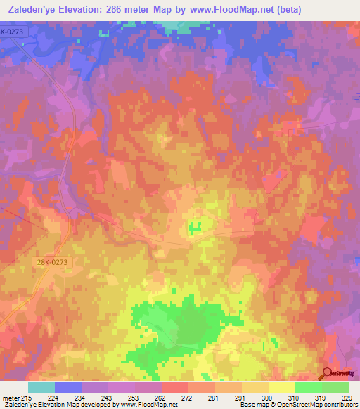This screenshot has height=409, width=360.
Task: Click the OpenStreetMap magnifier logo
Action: click(x=327, y=373)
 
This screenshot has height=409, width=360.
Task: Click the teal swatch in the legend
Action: click(x=41, y=387)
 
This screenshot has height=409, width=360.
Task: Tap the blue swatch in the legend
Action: click(x=67, y=387)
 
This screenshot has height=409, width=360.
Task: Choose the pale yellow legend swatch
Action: click(x=281, y=387)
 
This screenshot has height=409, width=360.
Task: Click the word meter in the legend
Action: click(x=11, y=398)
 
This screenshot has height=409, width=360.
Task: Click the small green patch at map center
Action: click(x=195, y=226)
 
